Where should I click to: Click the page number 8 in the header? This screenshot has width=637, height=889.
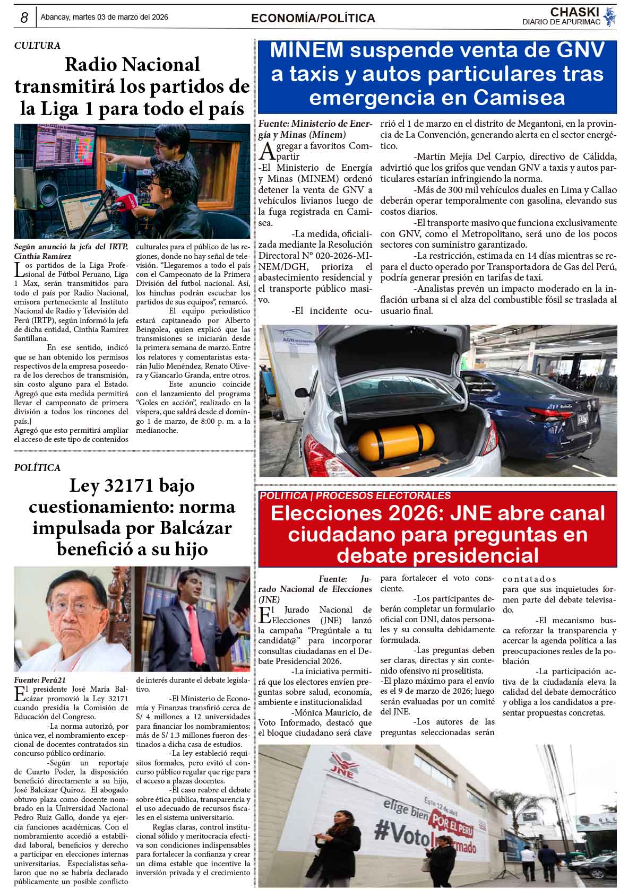tap(24, 18)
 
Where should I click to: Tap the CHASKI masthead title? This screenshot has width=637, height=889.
tap(574, 12)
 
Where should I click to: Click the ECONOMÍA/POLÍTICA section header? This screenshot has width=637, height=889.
tap(313, 19)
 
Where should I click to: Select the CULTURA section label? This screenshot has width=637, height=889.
tap(37, 46)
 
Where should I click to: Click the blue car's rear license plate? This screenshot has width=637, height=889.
tap(582, 419)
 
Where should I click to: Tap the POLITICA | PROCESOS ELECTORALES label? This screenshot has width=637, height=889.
tap(355, 496)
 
